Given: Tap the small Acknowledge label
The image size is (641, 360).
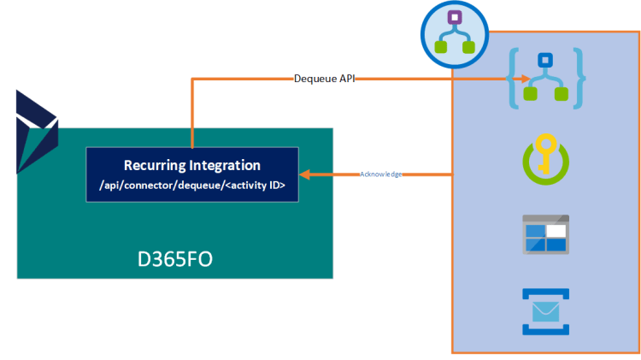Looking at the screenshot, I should [380, 174].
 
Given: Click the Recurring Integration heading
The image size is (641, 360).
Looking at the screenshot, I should [192, 165].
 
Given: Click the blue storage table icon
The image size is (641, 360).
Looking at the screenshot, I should [545, 233].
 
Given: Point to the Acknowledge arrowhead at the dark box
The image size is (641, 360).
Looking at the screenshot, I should [304, 174].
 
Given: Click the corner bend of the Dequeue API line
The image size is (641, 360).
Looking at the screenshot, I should [192, 80].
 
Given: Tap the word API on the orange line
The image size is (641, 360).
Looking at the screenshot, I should [344, 79].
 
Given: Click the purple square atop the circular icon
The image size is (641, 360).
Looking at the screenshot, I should [456, 17].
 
